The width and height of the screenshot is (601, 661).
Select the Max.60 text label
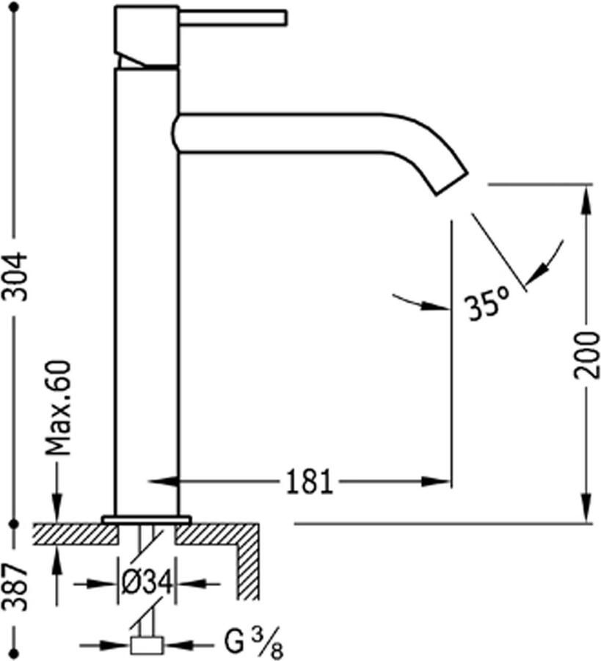pyautogui.click(x=58, y=408)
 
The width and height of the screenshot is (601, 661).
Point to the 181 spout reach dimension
pyautogui.click(x=310, y=481)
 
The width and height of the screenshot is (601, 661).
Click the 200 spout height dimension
pyautogui.click(x=587, y=355)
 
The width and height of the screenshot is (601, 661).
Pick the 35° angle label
pyautogui.click(x=487, y=303)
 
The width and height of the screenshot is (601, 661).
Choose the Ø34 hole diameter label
pyautogui.click(x=147, y=583)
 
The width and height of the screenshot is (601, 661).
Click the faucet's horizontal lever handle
pyautogui.click(x=233, y=18)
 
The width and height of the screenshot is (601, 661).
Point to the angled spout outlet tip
pyautogui.click(x=451, y=184)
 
